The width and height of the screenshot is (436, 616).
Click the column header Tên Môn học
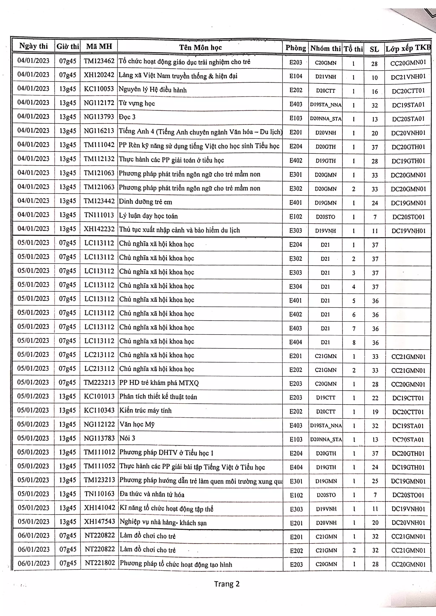click(200, 48)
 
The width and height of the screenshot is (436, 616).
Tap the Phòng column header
click(295, 48)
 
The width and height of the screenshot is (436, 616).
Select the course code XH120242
click(99, 75)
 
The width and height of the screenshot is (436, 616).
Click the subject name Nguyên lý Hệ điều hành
click(153, 90)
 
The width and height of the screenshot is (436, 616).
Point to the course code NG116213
click(99, 131)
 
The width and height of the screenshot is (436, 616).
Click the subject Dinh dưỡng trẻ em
click(145, 202)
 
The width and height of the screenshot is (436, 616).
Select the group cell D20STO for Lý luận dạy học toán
click(326, 217)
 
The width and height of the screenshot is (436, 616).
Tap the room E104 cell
click(296, 76)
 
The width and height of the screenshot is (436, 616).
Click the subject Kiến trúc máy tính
click(145, 410)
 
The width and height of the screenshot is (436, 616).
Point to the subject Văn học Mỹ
click(137, 424)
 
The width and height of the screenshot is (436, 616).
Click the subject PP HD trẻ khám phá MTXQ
click(159, 383)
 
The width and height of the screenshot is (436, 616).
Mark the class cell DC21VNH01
click(408, 77)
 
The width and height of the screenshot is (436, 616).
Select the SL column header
click(374, 49)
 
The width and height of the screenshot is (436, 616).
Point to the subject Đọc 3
click(127, 117)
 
